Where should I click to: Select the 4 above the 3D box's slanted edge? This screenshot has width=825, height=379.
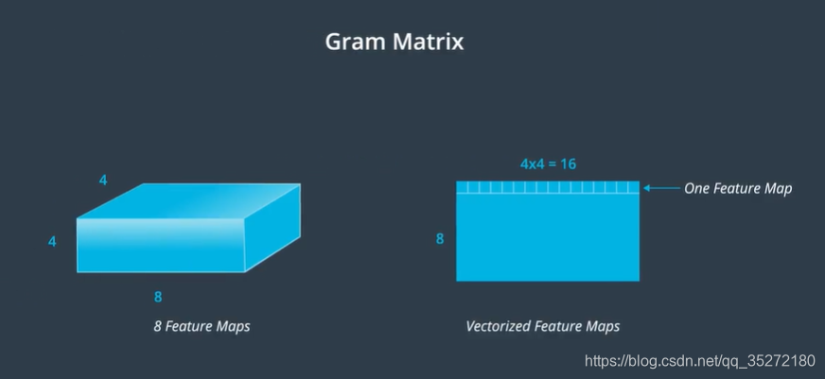pos(103,180)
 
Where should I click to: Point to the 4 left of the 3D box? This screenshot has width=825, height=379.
pos(52,242)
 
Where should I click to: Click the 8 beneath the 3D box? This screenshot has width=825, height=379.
pos(158,297)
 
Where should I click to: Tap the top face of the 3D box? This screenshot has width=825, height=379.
pos(189,200)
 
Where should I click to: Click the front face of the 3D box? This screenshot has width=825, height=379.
pos(161,246)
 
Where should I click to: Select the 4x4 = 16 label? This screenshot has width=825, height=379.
pos(548,164)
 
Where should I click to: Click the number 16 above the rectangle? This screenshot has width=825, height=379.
pos(568,164)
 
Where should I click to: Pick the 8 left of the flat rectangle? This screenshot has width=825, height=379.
pos(440,239)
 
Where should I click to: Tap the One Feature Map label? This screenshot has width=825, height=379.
pos(738,188)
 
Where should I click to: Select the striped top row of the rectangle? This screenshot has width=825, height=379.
pos(548,188)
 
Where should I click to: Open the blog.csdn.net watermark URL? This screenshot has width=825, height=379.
pos(700,361)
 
